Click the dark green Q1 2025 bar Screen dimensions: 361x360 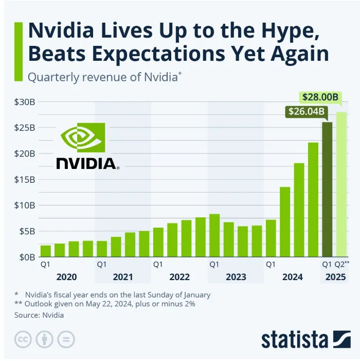[327, 189]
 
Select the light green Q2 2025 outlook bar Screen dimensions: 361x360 [341, 184]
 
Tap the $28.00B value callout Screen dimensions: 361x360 [319, 97]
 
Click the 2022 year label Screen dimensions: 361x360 [179, 277]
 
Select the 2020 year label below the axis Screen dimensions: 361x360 [66, 277]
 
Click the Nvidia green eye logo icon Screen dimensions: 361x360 [83, 137]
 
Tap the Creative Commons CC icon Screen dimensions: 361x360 [23, 339]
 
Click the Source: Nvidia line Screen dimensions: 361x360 [39, 315]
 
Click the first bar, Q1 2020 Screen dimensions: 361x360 [46, 251]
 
